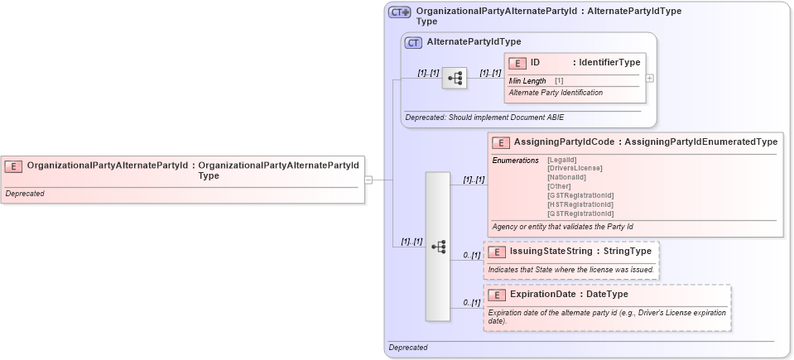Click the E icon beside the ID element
point(517,63)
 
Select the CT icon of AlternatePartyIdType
point(413,42)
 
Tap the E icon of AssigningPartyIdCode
point(501,142)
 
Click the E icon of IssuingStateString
point(497,252)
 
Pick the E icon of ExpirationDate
point(497,295)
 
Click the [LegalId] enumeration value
point(562,160)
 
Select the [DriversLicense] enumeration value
point(575,168)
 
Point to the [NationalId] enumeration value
point(566,177)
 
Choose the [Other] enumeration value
point(559,186)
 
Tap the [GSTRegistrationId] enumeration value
point(580,195)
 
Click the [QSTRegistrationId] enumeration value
point(580,214)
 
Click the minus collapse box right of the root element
point(368,179)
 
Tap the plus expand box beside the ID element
point(650,79)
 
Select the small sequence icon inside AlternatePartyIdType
point(455,79)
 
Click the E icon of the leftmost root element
point(14,166)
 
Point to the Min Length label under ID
point(527,81)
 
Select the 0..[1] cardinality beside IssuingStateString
point(471,255)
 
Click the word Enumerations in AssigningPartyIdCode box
point(515,160)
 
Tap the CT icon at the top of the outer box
point(400,13)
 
